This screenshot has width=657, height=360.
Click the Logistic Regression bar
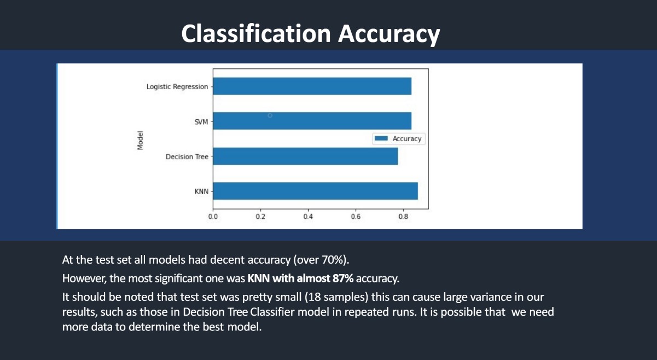312,86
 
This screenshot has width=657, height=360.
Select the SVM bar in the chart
312,121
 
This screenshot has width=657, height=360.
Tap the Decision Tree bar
305,156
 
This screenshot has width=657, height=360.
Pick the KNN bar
315,191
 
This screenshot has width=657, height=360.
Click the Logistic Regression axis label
177,87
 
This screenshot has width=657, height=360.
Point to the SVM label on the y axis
201,122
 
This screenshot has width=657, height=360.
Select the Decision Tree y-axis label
187,156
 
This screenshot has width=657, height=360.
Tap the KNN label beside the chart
201,191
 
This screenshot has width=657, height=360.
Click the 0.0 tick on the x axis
213,217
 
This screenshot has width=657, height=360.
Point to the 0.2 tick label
260,217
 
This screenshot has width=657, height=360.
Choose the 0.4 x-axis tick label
308,217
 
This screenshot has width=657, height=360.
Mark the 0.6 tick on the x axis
356,217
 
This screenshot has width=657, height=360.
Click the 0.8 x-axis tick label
403,217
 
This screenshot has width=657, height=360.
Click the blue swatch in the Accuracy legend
381,138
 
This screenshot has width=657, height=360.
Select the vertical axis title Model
140,140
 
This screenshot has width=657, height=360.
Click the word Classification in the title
256,33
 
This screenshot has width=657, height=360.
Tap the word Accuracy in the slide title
389,34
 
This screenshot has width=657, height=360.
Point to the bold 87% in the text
343,278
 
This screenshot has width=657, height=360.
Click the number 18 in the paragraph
315,297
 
